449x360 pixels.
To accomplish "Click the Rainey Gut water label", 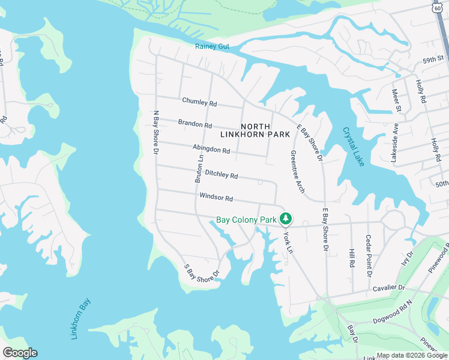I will click(x=212, y=47).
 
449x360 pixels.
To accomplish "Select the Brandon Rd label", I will click(x=195, y=125).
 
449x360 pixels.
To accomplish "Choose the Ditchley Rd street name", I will click(x=221, y=175).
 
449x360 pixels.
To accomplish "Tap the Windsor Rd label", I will click(x=216, y=197).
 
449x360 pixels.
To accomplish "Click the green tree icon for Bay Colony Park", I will click(x=287, y=218).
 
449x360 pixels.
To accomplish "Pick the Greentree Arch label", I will click(x=297, y=172).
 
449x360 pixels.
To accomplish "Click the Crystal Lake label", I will click(x=354, y=146).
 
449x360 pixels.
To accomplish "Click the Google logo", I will click(x=20, y=353).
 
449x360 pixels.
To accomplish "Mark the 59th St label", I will click(x=432, y=60).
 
